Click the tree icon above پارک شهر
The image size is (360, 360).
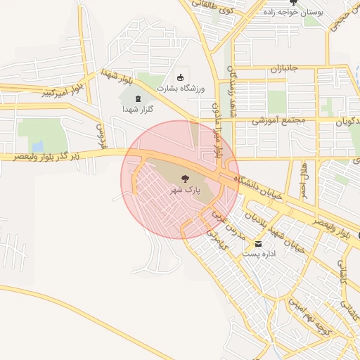coord(185,179)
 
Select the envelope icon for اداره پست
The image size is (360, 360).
coord(258,243)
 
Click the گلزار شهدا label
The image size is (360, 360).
coord(138,109)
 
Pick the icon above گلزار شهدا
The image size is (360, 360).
coord(138,98)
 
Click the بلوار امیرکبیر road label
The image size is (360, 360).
coord(63,89)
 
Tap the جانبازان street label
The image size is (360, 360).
coord(285,69)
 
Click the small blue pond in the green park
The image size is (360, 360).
coord(37,146)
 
